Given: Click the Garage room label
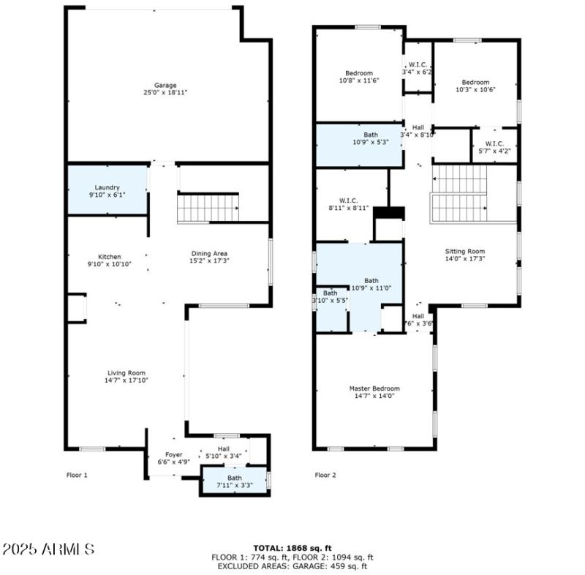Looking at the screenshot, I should pos(165,86).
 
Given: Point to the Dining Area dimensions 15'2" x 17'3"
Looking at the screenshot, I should pos(209,261).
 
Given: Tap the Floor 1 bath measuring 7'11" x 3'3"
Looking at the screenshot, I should pos(234,482).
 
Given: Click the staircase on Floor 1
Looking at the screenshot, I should pos(208,207).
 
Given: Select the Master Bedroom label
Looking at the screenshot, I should pos(374,388).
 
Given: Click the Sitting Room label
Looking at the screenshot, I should pos(465,251).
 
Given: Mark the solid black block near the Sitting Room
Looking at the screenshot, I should pos(389,212).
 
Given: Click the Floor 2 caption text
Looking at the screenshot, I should pos(325,475).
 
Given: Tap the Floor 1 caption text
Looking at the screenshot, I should pos(77,475).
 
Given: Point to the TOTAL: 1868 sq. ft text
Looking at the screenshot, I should pos(292,547).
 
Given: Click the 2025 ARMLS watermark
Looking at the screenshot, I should pos(49,549).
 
